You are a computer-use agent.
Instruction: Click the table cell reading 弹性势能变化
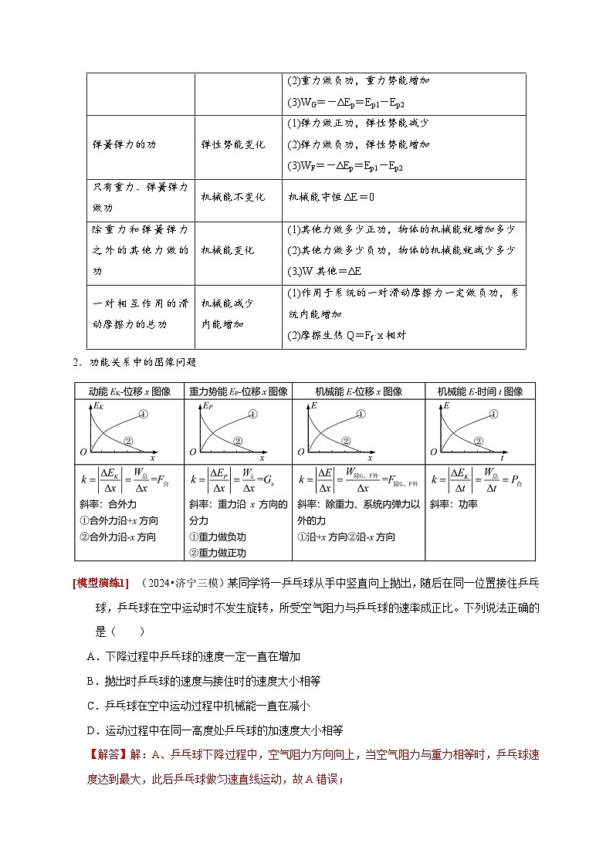coord(233,144)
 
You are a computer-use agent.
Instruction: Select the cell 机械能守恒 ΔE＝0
coord(331,198)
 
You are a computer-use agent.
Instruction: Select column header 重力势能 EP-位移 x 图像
coord(239,391)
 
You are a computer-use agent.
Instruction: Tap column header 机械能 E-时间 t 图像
coord(480,391)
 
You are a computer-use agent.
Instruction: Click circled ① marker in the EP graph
coord(252,415)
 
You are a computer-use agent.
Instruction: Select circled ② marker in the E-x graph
coord(347,441)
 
